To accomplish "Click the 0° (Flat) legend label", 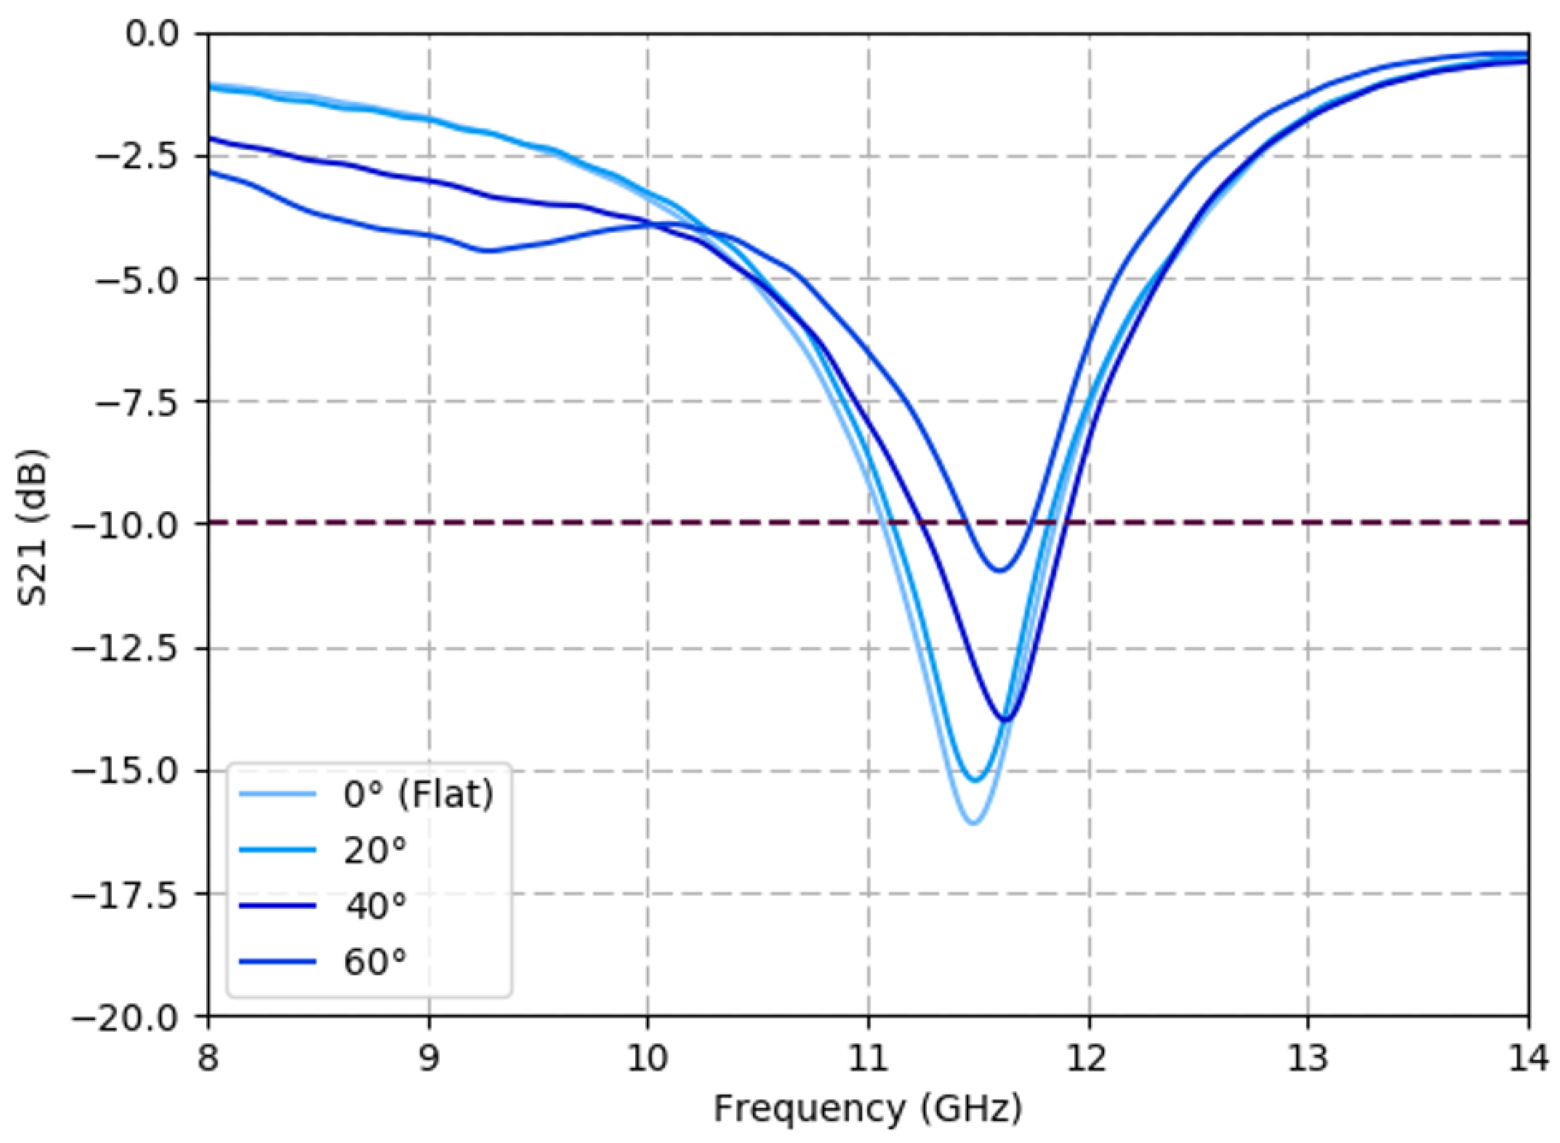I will click(x=419, y=794).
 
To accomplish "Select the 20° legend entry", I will click(x=375, y=850).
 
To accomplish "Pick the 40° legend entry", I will click(x=375, y=906).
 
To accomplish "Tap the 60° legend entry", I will click(x=375, y=962).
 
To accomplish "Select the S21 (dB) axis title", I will click(x=33, y=526).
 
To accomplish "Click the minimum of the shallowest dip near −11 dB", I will click(x=999, y=571).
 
